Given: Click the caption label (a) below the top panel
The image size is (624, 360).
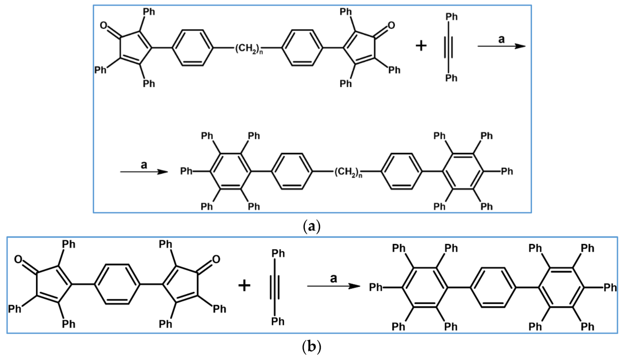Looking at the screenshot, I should click(311, 226).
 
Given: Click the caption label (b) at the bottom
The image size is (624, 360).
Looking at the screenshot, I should click(311, 346).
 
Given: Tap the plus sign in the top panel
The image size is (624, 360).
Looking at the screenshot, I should click(421, 46).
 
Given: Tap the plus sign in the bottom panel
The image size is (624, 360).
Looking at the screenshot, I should click(244, 286).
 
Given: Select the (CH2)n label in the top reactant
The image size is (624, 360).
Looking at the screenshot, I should click(249, 49).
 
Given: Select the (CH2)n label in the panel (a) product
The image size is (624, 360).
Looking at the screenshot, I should click(348, 172).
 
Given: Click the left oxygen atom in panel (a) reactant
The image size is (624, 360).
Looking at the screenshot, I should click(104, 25).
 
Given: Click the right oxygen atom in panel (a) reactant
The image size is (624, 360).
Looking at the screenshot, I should click(391, 25).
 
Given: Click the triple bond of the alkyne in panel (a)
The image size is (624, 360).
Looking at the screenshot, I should click(451, 47).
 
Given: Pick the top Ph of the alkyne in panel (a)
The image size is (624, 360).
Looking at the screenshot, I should click(451, 17).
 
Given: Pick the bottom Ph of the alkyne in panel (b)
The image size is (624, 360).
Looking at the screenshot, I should click(277, 321).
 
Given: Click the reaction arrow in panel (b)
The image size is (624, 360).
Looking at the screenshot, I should click(333, 286).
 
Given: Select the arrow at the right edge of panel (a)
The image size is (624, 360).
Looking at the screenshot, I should click(501, 46).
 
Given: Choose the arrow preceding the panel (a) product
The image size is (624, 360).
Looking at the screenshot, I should click(144, 172).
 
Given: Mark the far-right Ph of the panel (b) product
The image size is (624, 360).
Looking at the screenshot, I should click(610, 287).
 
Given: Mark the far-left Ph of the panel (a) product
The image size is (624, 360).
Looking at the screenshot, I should click(186, 171).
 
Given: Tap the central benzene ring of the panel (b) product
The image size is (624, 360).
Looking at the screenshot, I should click(493, 287).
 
